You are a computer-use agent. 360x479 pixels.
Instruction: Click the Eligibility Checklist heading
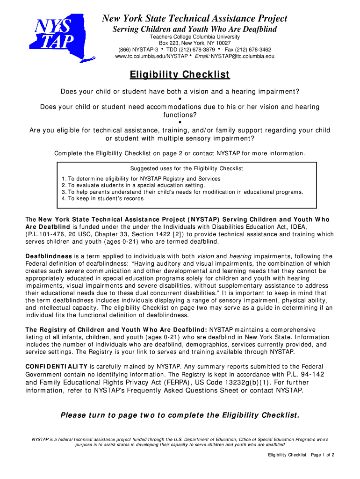(180, 75)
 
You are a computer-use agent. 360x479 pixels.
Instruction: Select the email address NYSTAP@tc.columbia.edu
(243, 56)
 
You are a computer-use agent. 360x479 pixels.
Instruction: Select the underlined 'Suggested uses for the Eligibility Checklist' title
(187, 168)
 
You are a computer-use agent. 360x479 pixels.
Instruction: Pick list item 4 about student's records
(103, 198)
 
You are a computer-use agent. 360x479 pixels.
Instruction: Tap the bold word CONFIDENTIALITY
(56, 366)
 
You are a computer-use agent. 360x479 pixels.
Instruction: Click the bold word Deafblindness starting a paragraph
(49, 256)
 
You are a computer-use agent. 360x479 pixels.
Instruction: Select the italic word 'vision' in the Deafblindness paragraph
(206, 256)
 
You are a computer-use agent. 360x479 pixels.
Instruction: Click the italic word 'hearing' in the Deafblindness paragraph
(240, 256)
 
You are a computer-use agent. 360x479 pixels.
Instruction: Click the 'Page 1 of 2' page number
(323, 455)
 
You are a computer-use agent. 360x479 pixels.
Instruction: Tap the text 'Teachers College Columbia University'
(194, 36)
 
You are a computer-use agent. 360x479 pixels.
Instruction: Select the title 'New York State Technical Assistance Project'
(195, 19)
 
